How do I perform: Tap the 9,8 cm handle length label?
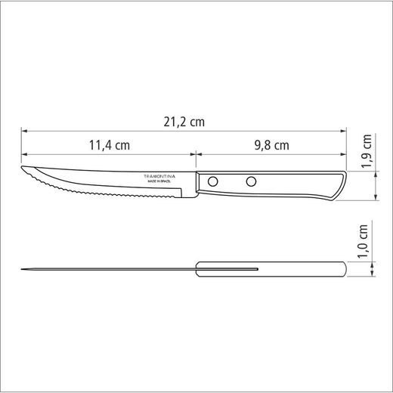(271, 145)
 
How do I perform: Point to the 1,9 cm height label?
(367, 150)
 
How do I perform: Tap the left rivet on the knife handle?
(215, 181)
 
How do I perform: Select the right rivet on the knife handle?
(250, 181)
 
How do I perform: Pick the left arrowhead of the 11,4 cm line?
(23, 155)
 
